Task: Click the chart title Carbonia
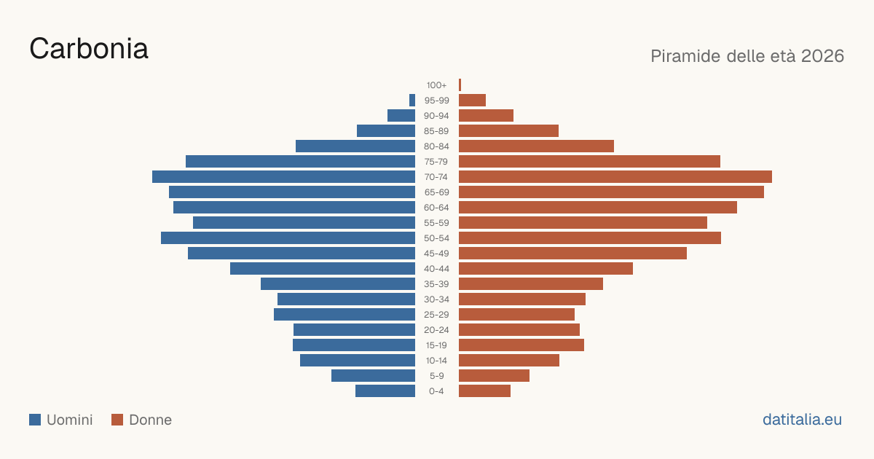click(x=89, y=49)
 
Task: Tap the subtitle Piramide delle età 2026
click(x=747, y=56)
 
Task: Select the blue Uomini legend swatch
click(x=35, y=420)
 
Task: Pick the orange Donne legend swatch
click(x=117, y=420)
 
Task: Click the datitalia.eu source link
click(x=802, y=420)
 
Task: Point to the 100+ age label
click(x=436, y=85)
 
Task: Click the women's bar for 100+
click(x=460, y=85)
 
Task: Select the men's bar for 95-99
click(x=412, y=101)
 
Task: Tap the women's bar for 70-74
click(x=615, y=177)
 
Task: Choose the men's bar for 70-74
click(x=283, y=177)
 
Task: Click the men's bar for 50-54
click(x=288, y=238)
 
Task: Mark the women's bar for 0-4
click(x=484, y=391)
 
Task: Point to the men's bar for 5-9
click(x=374, y=376)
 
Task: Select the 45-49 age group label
click(x=436, y=254)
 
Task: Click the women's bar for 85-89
click(x=509, y=130)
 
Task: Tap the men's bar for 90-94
click(x=401, y=116)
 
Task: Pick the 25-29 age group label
click(x=436, y=315)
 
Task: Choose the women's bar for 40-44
click(x=546, y=269)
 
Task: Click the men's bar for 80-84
click(x=355, y=146)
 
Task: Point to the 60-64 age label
click(x=436, y=208)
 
